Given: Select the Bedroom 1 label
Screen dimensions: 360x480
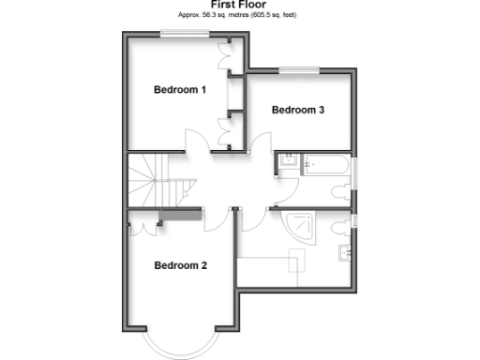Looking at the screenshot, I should coord(179,90).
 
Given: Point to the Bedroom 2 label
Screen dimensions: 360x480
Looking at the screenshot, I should coord(180,265).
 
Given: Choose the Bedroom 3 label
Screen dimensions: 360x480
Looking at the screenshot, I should coord(298,110).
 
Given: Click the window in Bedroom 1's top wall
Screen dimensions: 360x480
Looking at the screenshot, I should coord(183,35).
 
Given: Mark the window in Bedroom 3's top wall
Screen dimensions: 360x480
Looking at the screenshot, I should coord(299,68).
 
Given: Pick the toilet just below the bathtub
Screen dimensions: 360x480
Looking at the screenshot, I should coord(342,192).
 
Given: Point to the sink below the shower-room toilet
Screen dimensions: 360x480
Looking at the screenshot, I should coord(345,250).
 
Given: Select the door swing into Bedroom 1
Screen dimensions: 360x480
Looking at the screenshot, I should coord(196,142).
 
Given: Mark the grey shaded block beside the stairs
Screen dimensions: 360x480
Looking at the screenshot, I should coord(180,217).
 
